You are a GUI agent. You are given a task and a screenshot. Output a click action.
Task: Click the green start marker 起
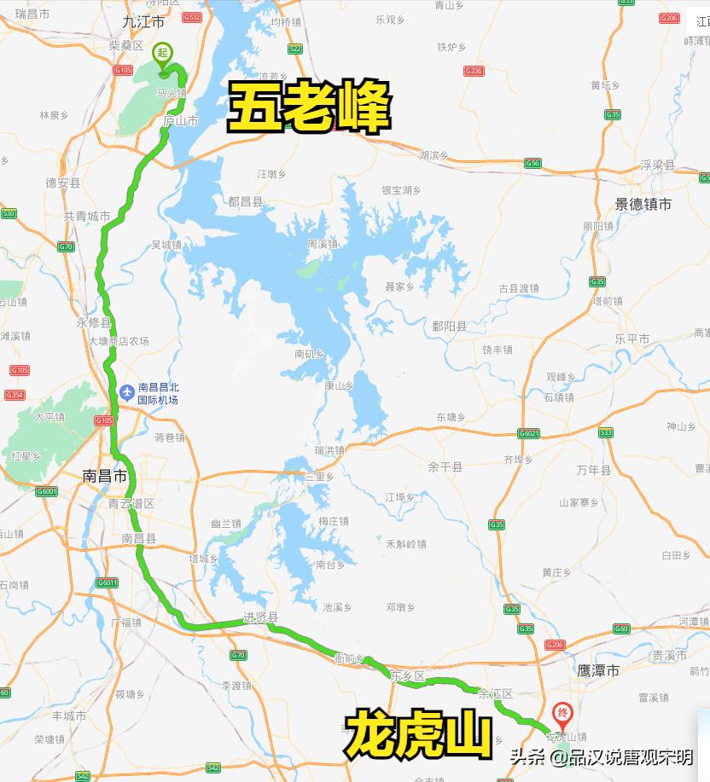coord(161,53)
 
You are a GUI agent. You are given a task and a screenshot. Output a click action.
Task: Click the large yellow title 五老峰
coord(309,108)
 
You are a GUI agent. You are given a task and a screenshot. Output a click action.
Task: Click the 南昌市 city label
coord(105,476)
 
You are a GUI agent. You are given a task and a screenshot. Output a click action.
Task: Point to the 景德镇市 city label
coord(643,205)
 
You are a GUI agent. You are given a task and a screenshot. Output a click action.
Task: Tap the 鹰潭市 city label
coord(597,671)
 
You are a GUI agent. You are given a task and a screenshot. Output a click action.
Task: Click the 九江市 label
coord(143,23)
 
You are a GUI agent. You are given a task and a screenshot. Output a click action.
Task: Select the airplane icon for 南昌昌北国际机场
coord(127,391)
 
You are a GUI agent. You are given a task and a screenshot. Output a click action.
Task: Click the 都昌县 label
coord(245,202)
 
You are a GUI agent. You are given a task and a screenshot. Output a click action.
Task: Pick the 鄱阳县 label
coord(450,327)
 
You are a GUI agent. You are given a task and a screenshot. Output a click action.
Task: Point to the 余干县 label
coord(445,466)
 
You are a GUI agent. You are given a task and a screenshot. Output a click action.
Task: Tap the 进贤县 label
coord(261,617)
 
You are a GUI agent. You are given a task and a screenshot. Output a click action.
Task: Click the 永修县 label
coord(94,322)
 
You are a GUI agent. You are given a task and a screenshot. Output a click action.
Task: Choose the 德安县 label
coord(63,182)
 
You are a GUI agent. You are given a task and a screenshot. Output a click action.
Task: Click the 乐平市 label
coord(631,339)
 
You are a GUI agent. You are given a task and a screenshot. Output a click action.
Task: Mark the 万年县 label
coord(594,470)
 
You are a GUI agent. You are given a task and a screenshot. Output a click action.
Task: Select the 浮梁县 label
coord(658,165)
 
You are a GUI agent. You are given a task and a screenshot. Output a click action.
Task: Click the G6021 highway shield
coord(529,433)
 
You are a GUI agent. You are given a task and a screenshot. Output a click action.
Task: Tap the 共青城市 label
coord(87,217)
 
